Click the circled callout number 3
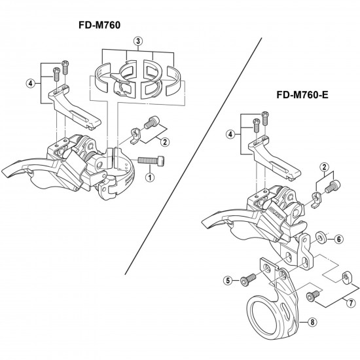(x=137, y=41)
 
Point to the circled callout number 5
(x=228, y=281)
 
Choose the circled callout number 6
(x=339, y=240)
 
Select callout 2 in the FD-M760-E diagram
(x=323, y=168)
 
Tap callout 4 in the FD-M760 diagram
(x=30, y=83)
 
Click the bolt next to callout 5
(x=248, y=280)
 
